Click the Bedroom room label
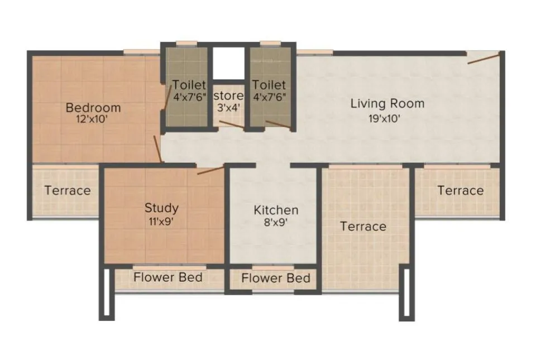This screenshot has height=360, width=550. (x=93, y=107)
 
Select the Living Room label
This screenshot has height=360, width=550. (x=387, y=103)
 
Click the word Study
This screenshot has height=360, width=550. (x=161, y=208)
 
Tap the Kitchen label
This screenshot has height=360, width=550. (x=276, y=210)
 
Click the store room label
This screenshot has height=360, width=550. (x=228, y=95)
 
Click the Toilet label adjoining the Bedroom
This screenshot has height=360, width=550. (x=189, y=85)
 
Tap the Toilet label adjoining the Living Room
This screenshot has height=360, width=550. (x=269, y=85)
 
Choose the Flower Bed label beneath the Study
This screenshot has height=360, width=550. (x=168, y=277)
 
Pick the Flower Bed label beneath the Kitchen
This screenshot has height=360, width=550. (x=276, y=277)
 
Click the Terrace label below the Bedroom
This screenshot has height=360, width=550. (x=68, y=190)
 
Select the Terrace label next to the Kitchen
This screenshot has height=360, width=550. (x=363, y=226)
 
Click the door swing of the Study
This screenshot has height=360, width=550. (x=211, y=170)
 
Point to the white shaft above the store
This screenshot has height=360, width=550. (x=229, y=63)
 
